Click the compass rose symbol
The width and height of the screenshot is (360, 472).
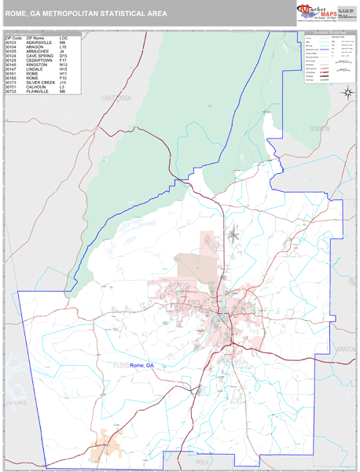tap(347, 94)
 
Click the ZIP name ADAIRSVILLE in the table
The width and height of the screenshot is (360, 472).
tap(39, 42)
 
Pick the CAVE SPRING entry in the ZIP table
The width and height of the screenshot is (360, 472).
tap(39, 56)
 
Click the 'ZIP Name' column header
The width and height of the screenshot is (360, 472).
tap(35, 38)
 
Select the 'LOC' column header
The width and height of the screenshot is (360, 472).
tap(63, 38)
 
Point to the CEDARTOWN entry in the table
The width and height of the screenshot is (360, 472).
tap(39, 61)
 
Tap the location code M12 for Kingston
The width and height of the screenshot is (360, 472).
tap(63, 65)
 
